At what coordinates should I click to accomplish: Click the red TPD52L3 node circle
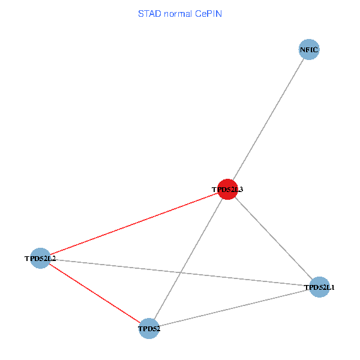point(227,189)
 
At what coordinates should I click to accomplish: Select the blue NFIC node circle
point(309,49)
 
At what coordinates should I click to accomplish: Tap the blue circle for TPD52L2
point(40,259)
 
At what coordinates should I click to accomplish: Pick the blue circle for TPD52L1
point(319,287)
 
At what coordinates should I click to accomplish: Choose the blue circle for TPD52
point(149,328)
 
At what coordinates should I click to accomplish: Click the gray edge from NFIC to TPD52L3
point(268,119)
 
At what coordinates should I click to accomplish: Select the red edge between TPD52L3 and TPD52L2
point(133,224)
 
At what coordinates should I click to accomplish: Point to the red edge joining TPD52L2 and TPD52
point(94,293)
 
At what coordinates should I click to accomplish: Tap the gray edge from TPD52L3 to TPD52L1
point(273,238)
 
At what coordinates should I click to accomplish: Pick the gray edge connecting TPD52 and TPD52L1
point(234,307)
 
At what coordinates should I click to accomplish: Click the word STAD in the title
point(148,13)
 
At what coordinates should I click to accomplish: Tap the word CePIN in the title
point(209,13)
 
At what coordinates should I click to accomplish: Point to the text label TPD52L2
point(40,259)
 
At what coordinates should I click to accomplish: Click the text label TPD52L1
point(320,287)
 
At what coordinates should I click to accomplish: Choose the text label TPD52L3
point(227,190)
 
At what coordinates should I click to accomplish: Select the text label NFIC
point(309,49)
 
